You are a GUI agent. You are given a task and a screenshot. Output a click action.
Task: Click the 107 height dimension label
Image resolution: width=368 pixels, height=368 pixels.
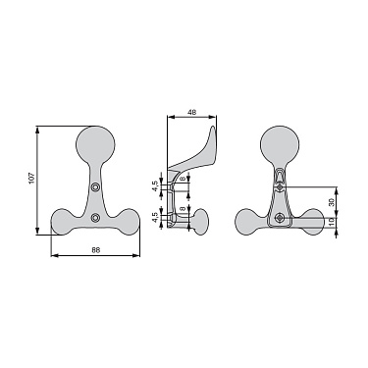click(31, 181)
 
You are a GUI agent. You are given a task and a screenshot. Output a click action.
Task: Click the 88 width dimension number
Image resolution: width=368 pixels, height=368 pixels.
click(95, 250)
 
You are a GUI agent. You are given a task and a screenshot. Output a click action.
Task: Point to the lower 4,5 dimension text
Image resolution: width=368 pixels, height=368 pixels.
click(154, 218)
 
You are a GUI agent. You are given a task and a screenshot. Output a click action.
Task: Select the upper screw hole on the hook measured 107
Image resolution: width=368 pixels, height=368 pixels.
click(95, 186)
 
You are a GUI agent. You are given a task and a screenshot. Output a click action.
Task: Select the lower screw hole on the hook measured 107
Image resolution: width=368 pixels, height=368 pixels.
click(95, 216)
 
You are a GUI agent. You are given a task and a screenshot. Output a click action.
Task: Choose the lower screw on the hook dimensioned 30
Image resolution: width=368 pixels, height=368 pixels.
click(281, 216)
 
